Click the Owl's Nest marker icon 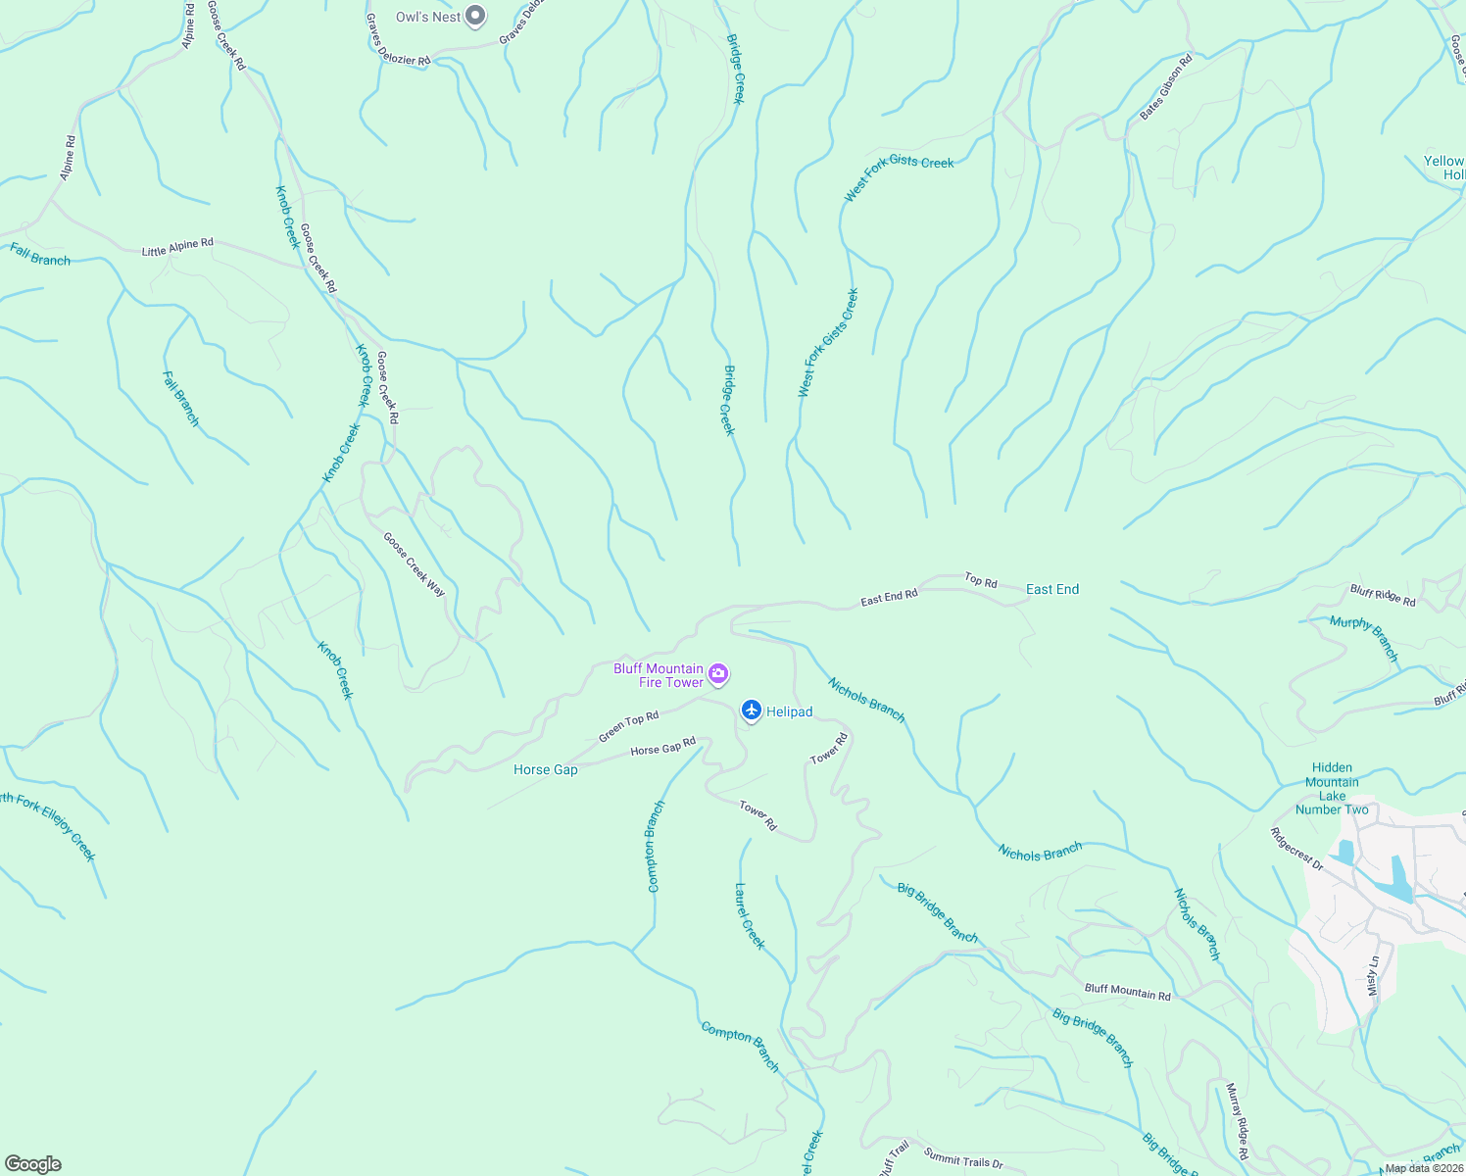click(x=475, y=16)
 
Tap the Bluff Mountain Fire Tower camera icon click(x=718, y=673)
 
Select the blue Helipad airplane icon click(x=752, y=710)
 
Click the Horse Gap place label click(x=546, y=770)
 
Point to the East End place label click(x=1052, y=589)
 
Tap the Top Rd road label click(x=981, y=581)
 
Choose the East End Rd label click(x=889, y=597)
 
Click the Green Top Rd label click(x=628, y=726)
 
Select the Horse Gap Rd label click(x=662, y=747)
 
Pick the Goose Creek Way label click(x=414, y=564)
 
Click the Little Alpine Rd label click(x=177, y=247)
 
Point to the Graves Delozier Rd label click(x=398, y=40)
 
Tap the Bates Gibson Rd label click(x=1166, y=87)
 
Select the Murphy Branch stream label click(x=1364, y=639)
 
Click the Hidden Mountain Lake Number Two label click(x=1332, y=789)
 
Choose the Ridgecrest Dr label click(x=1296, y=850)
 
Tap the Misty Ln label click(x=1374, y=976)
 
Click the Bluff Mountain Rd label click(x=1127, y=993)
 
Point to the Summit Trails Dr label click(x=963, y=1161)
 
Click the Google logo click(x=33, y=1164)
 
